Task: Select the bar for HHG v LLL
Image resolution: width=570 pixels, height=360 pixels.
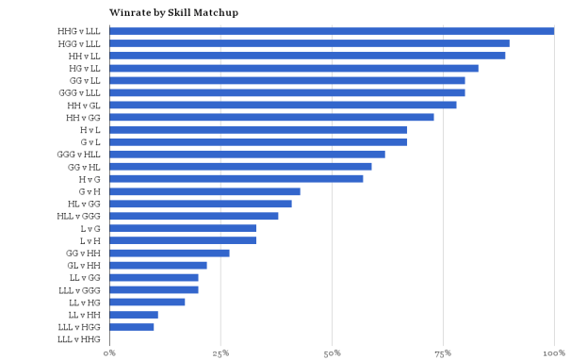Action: pyautogui.click(x=332, y=31)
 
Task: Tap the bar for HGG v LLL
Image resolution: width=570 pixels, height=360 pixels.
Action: pyautogui.click(x=309, y=43)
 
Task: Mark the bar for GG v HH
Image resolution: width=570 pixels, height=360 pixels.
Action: pyautogui.click(x=170, y=253)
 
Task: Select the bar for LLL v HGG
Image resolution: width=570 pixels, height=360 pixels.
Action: pyautogui.click(x=132, y=326)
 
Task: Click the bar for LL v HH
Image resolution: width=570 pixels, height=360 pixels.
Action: pyautogui.click(x=134, y=314)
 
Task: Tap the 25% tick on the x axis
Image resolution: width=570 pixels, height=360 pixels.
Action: pyautogui.click(x=220, y=352)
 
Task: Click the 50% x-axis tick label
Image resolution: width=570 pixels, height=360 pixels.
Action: pyautogui.click(x=332, y=352)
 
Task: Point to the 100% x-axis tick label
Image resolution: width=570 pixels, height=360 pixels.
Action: pyautogui.click(x=554, y=352)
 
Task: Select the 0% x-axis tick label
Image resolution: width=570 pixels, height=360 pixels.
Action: pyautogui.click(x=110, y=352)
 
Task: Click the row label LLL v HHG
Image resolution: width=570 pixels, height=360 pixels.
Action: pyautogui.click(x=79, y=338)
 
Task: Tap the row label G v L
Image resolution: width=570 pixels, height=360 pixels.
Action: pyautogui.click(x=90, y=141)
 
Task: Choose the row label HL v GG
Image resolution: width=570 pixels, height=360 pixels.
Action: pyautogui.click(x=85, y=204)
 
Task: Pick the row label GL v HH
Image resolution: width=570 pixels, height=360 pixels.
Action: pyautogui.click(x=85, y=265)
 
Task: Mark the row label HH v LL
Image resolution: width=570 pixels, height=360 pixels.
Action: pyautogui.click(x=85, y=56)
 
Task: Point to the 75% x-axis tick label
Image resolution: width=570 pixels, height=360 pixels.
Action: pyautogui.click(x=443, y=352)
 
